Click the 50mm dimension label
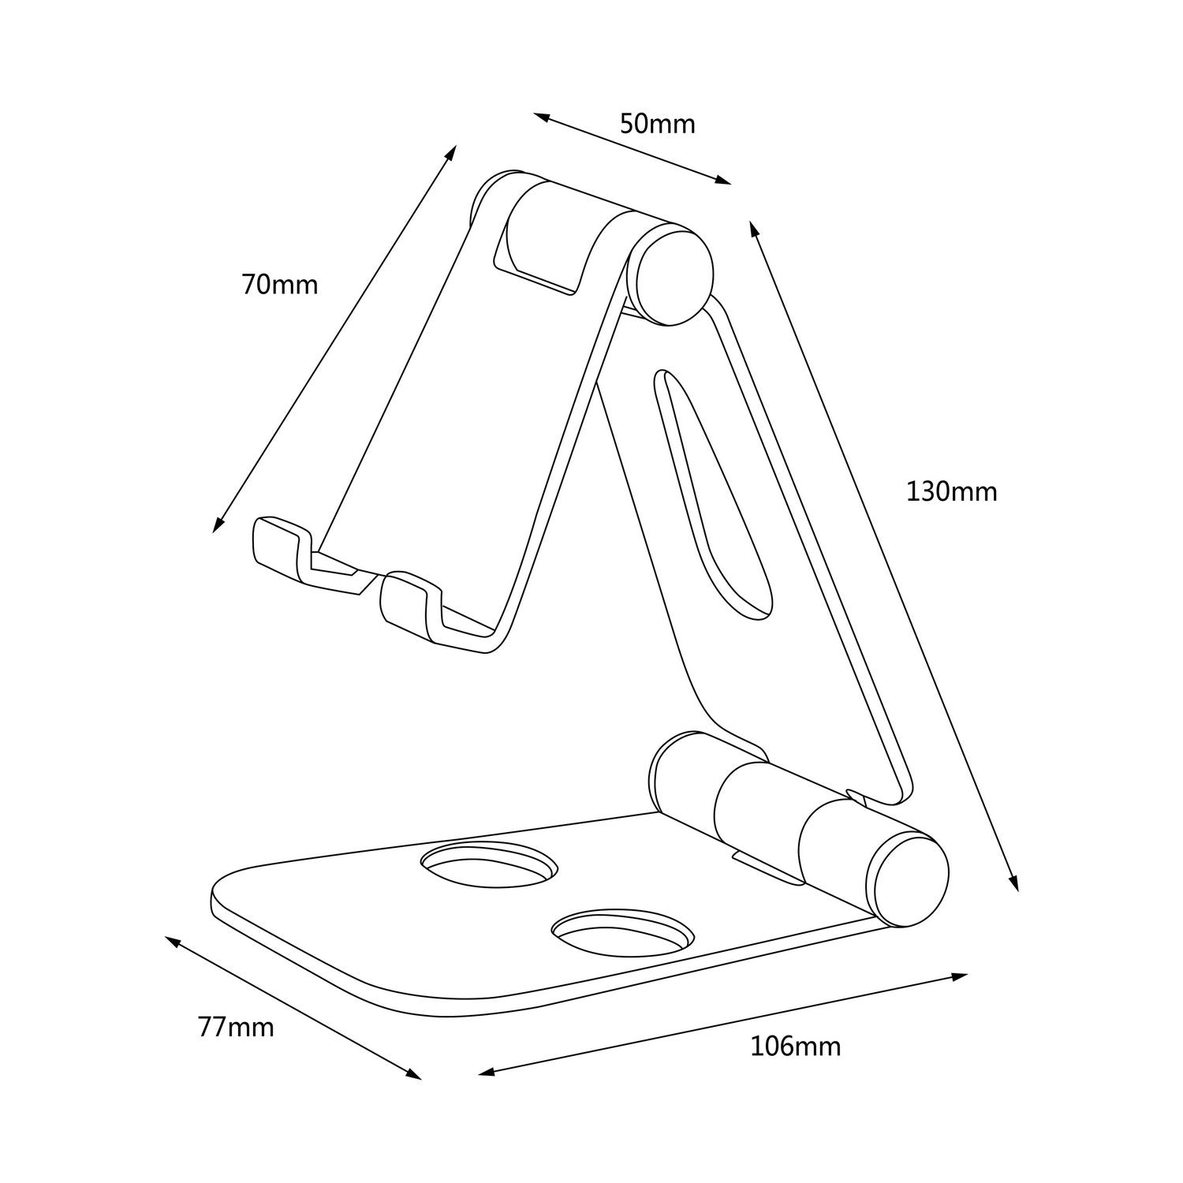click(x=657, y=124)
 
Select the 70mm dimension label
click(x=280, y=284)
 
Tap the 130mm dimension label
click(x=951, y=492)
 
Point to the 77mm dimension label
click(x=236, y=1028)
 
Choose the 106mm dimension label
click(x=795, y=1047)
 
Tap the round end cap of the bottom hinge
click(x=907, y=882)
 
